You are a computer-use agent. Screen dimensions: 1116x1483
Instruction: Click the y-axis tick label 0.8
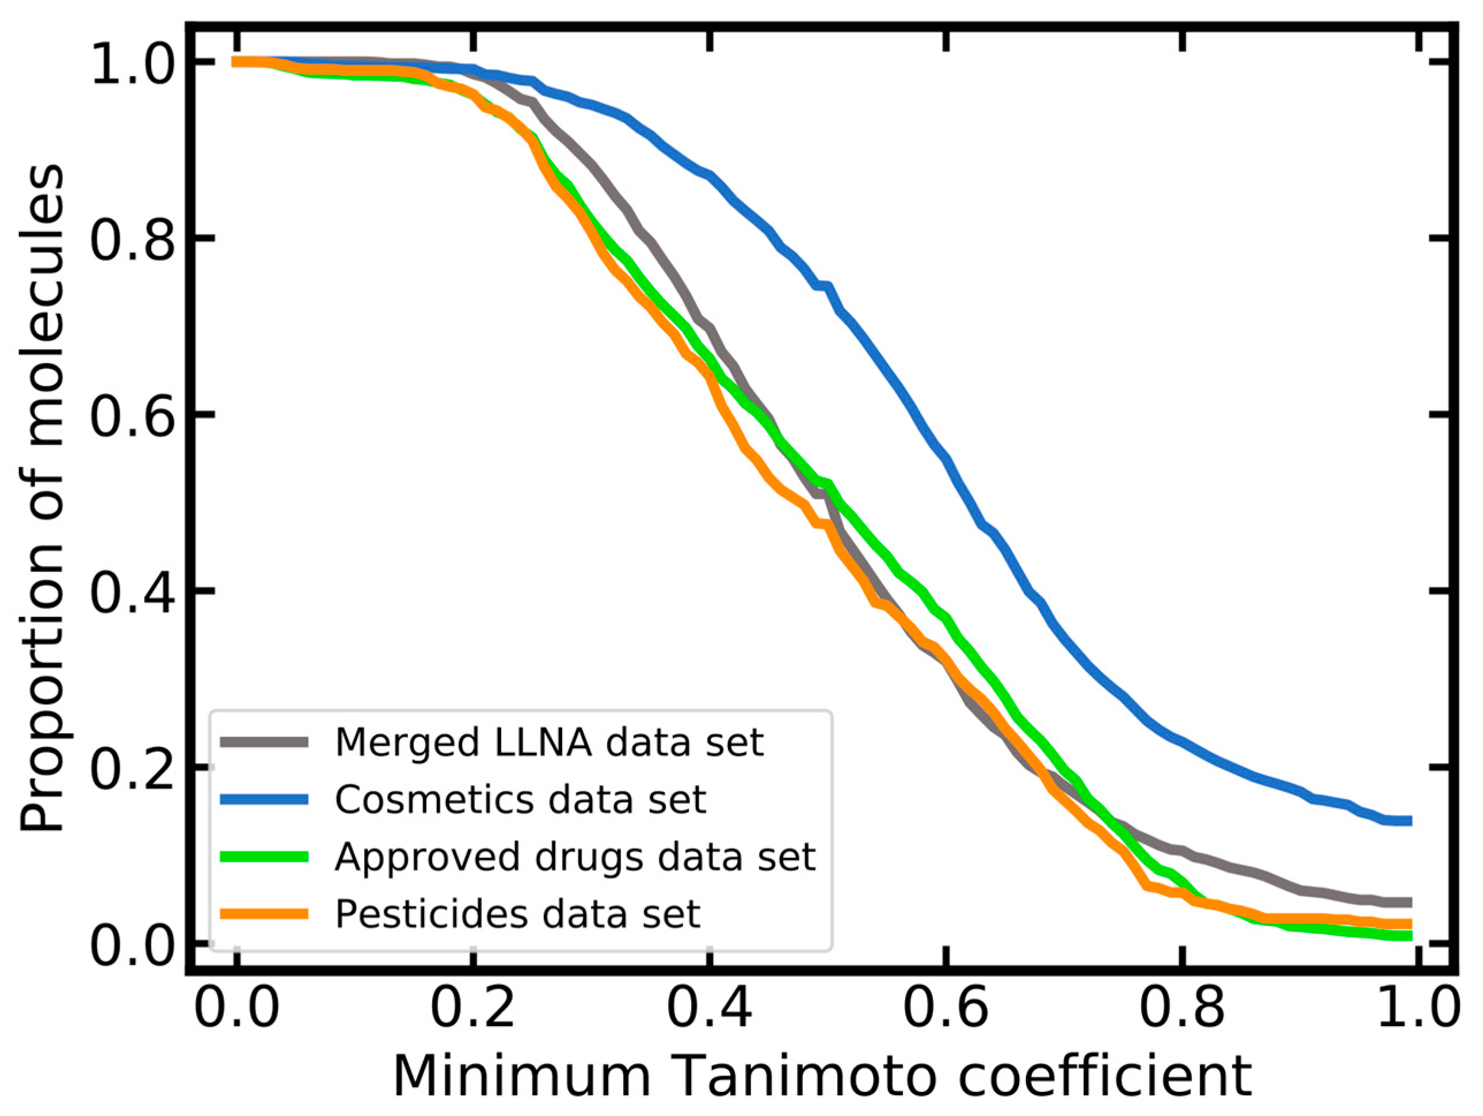coord(133,239)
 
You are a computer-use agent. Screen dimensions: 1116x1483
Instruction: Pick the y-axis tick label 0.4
coord(133,592)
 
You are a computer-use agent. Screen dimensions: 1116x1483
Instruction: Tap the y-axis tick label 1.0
coord(133,64)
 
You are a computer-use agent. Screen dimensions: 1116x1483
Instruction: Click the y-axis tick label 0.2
coord(133,768)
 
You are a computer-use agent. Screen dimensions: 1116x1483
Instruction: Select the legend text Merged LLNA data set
coord(549,742)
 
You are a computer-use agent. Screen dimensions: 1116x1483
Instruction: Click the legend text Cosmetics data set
coord(520,799)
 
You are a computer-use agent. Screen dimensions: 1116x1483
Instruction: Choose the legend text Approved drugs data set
coord(575,856)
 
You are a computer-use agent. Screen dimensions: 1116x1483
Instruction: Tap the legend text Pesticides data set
coord(517,913)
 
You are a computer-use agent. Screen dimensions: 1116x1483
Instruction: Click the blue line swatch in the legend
coord(264,799)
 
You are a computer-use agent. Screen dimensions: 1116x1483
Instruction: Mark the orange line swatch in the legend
coord(264,913)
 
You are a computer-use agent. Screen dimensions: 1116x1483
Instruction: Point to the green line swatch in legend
coord(264,856)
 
